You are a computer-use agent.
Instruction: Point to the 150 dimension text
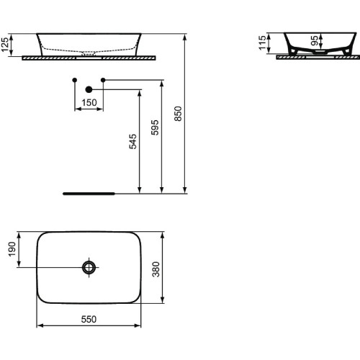(89, 103)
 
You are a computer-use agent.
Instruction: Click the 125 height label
(7, 44)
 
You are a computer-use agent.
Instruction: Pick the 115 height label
(263, 45)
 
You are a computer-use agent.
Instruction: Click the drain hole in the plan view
(89, 267)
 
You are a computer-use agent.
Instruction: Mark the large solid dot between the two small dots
(89, 89)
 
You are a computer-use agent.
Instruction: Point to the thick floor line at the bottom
(89, 194)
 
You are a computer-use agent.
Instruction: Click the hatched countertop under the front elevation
(89, 58)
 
